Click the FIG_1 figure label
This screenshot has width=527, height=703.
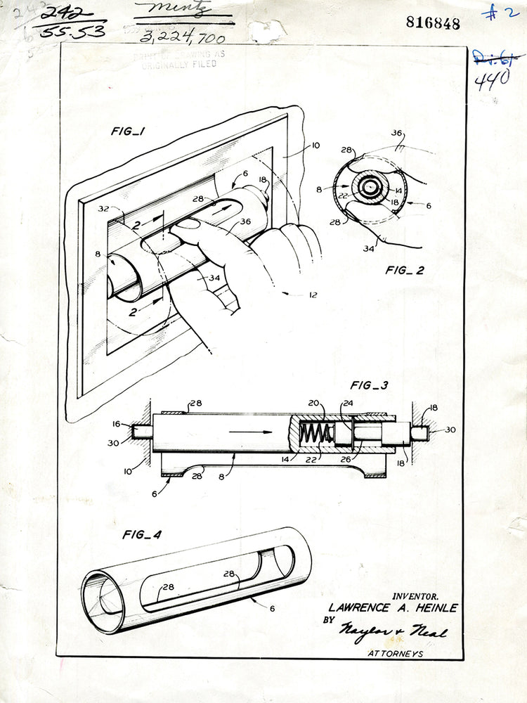click(129, 131)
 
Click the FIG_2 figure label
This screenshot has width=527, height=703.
click(404, 269)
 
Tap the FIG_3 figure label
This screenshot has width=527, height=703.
click(370, 385)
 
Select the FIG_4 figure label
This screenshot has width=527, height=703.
click(142, 534)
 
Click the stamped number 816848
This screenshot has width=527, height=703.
click(433, 23)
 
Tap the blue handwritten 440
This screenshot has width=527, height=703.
click(492, 82)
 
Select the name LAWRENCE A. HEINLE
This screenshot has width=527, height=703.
click(393, 608)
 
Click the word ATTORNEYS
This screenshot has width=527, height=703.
click(396, 653)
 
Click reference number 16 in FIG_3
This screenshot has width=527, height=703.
click(116, 425)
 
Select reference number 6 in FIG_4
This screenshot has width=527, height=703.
click(271, 609)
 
